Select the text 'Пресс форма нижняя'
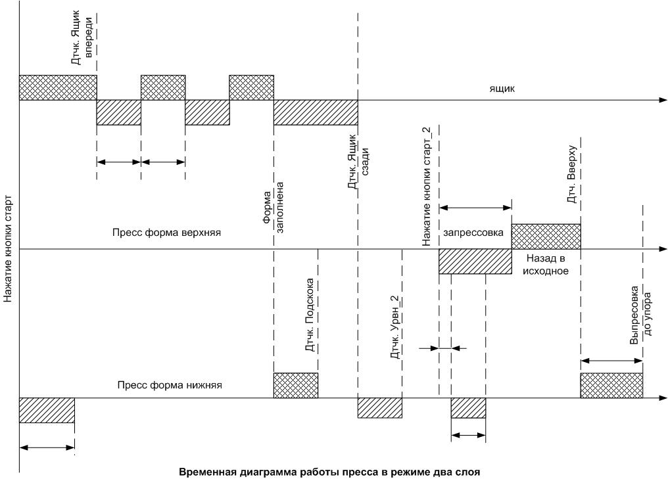pos(170,386)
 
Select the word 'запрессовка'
pos(473,233)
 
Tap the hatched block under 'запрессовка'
pos(475,262)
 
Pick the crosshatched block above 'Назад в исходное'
pos(546,237)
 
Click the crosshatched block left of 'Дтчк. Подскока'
pos(295,385)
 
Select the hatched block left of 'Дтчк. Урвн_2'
pos(379,408)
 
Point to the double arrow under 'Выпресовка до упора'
pos(611,360)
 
